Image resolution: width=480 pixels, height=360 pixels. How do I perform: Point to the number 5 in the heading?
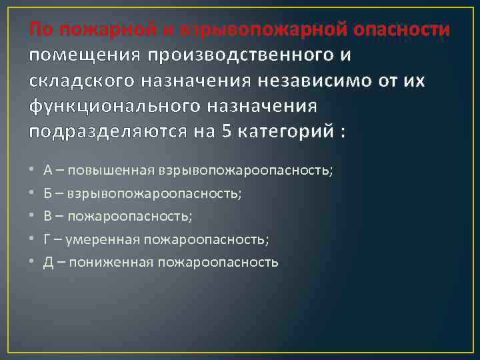227,130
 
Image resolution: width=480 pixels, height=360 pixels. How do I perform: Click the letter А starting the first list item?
49,170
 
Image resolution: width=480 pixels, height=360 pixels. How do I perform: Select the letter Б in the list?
48,193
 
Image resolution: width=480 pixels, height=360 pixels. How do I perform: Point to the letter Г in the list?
47,239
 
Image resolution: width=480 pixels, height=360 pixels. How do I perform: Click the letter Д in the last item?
49,261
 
